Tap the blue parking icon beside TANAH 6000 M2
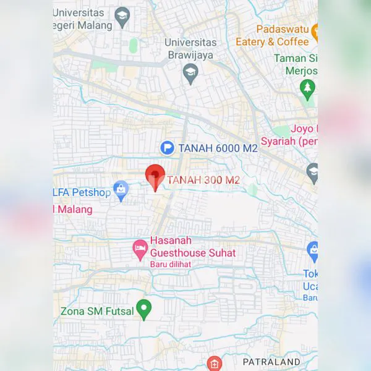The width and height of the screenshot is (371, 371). [167, 148]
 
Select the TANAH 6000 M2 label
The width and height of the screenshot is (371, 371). [218, 148]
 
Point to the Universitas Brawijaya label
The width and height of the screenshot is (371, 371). [190, 48]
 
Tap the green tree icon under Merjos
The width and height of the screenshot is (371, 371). [307, 89]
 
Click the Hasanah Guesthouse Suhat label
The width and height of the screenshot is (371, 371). [193, 247]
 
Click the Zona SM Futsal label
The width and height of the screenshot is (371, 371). [97, 311]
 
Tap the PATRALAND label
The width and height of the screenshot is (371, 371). [271, 362]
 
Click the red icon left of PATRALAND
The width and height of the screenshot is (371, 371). [215, 363]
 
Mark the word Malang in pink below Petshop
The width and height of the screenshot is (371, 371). [74, 209]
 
